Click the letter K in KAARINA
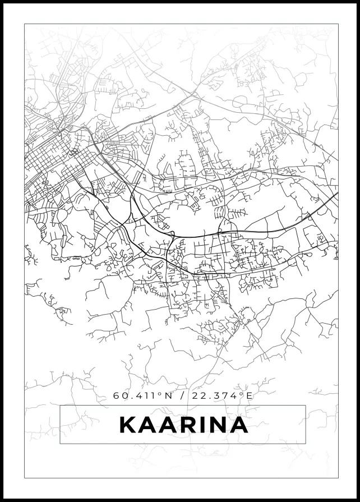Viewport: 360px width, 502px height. [x=128, y=425]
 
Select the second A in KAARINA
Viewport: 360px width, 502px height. [x=170, y=425]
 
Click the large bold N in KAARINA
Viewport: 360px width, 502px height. [x=220, y=425]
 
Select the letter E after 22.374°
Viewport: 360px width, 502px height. [x=250, y=395]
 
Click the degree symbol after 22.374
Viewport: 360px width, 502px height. [x=243, y=393]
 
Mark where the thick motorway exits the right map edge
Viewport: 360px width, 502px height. [x=337, y=194]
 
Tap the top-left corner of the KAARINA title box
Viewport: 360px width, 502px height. [x=60, y=406]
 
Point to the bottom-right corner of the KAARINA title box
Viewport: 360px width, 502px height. [x=306, y=444]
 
